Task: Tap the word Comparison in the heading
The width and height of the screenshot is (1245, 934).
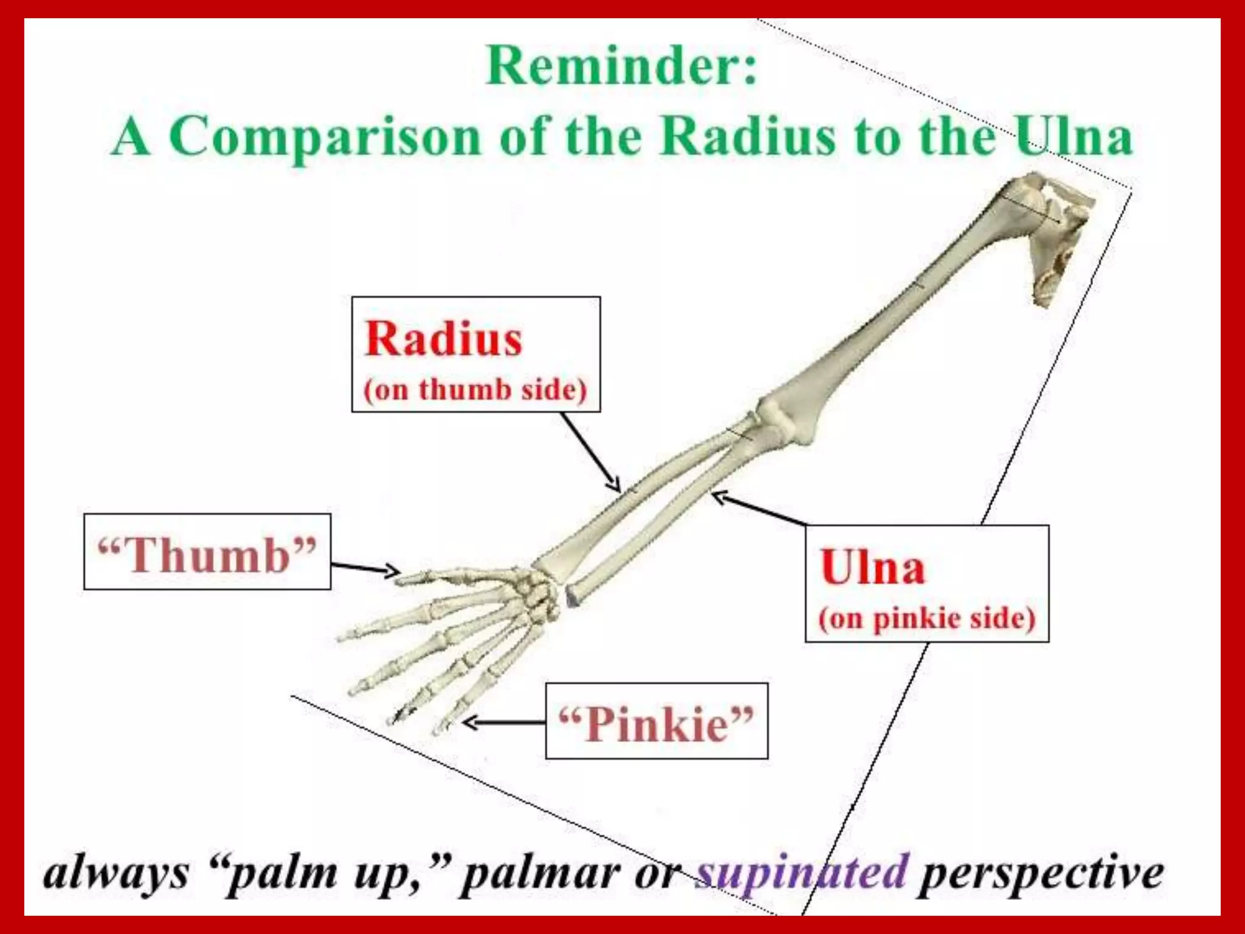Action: click(333, 136)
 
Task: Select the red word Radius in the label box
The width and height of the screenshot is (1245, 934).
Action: click(443, 339)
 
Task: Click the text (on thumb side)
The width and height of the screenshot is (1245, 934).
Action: click(475, 390)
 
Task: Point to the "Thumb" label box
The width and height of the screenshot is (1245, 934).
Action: click(207, 552)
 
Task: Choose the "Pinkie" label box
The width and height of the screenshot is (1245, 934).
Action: click(657, 722)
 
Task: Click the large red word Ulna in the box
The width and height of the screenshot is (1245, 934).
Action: click(872, 567)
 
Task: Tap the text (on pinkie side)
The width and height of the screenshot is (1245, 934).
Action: click(926, 618)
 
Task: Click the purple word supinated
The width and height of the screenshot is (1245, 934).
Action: click(802, 873)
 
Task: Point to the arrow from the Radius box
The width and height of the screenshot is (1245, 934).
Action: click(590, 451)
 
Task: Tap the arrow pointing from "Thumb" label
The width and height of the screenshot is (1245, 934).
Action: click(365, 568)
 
